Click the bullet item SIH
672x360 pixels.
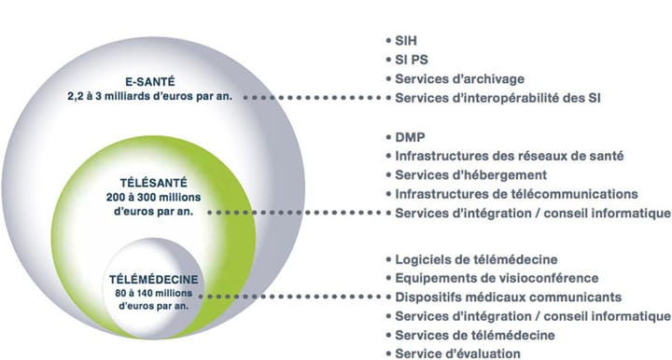[409, 43]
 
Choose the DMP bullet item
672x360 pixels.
[411, 137]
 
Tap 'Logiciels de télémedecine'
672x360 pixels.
[476, 258]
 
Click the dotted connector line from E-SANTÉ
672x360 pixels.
[317, 97]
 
